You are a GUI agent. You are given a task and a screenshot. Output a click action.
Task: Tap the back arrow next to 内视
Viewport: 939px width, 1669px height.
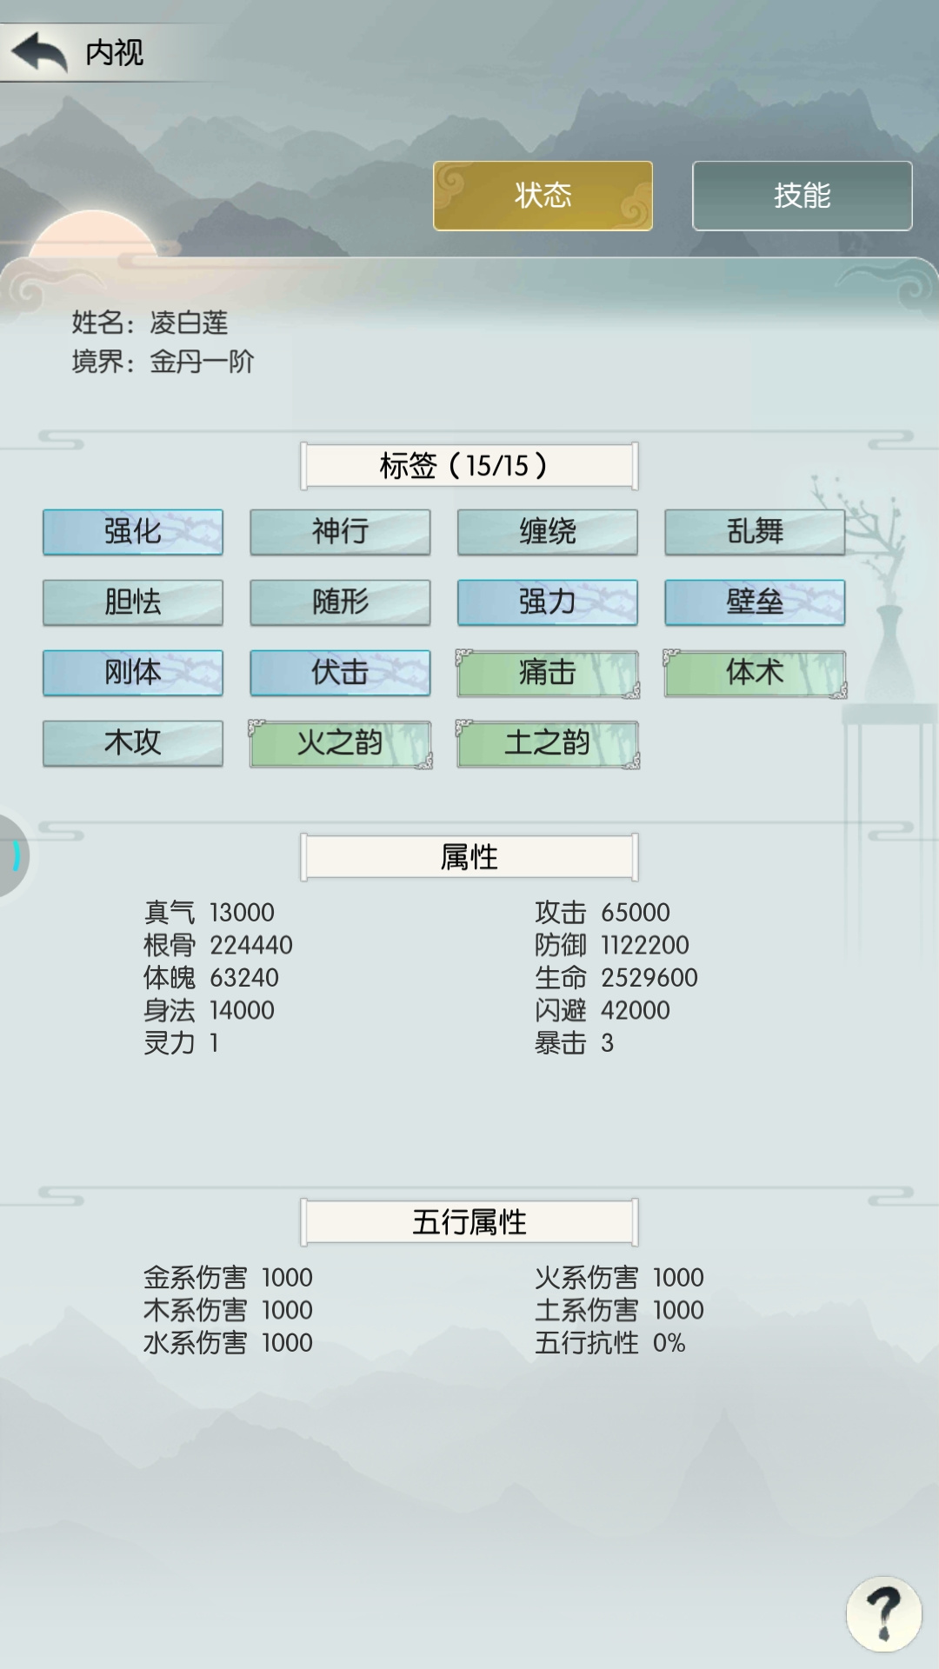39,52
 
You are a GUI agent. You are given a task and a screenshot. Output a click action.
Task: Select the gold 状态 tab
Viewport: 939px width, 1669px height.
543,196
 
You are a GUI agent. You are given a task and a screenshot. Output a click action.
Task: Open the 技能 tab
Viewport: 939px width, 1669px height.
802,196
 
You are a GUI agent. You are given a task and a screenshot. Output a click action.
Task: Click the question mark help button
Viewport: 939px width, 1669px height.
884,1613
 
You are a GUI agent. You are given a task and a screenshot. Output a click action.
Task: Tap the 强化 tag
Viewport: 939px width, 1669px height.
133,532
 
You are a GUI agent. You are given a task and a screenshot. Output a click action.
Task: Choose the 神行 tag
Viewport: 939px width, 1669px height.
340,532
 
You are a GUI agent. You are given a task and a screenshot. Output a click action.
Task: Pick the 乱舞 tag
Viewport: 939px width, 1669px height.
755,532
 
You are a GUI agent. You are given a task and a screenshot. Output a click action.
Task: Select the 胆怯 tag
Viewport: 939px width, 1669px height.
133,602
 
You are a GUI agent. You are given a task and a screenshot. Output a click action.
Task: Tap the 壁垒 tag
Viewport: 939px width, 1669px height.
755,602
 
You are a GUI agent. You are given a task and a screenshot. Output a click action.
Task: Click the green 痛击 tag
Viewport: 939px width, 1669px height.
548,673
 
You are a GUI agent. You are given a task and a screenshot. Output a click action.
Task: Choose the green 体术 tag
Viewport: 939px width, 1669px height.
755,673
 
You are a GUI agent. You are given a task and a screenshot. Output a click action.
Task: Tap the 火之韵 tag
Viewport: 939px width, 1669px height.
340,743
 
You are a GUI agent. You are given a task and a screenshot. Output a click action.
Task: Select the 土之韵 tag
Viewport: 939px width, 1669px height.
548,743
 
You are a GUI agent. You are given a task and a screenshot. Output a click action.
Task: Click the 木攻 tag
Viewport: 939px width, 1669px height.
133,743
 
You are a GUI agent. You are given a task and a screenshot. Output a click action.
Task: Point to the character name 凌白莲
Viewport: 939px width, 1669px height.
189,322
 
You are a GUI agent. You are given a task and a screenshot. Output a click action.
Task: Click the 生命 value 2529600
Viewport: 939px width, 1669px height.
649,978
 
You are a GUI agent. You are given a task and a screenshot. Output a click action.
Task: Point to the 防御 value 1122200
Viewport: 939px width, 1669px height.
645,945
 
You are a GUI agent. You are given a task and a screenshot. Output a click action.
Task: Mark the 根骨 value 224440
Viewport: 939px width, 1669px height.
251,945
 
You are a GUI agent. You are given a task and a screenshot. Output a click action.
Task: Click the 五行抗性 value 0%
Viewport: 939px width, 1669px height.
669,1343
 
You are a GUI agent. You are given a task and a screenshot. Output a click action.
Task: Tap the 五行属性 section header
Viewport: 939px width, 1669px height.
469,1222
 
